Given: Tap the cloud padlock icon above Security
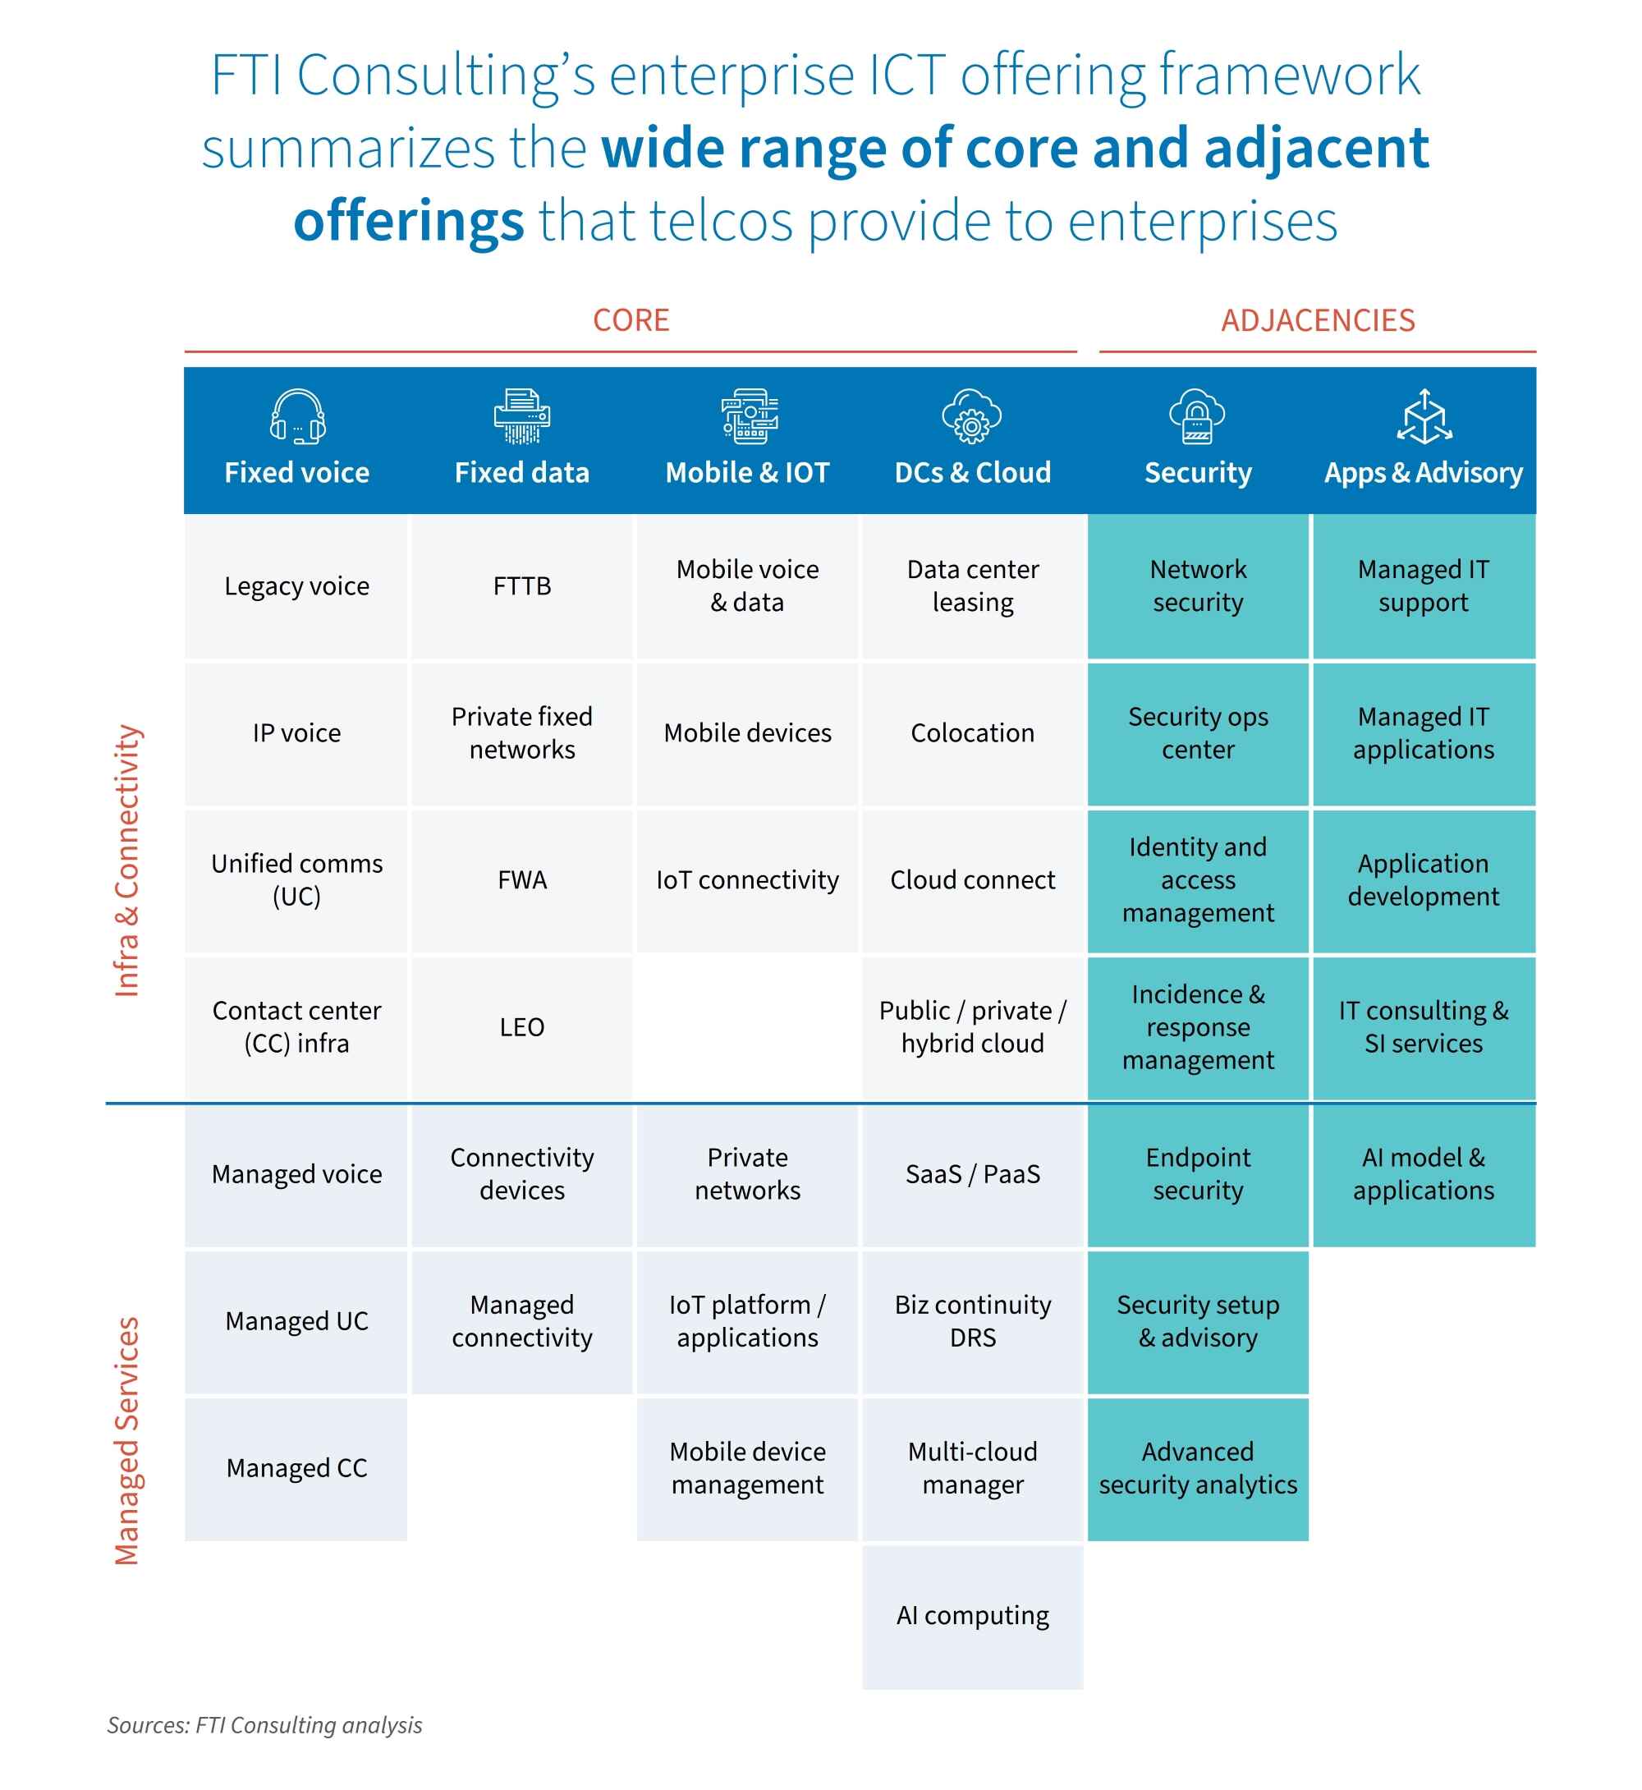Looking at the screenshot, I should coord(1197,416).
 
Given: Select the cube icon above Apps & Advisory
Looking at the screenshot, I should coord(1424,416).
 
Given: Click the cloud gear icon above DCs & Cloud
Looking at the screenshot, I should coord(972,416).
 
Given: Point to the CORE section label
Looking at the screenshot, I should coord(631,320).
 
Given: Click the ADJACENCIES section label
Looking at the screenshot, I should coord(1317,320).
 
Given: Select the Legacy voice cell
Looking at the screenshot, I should coord(296,586).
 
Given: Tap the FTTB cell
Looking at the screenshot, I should coord(521,586).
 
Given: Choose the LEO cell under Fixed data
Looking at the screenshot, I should coord(521,1027).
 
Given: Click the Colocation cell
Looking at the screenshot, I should coord(972,733).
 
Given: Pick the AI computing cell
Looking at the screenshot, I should coord(972,1615).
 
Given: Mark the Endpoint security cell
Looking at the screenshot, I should coord(1198,1174).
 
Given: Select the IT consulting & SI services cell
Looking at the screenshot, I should coord(1424,1027).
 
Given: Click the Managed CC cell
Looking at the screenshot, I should coord(296,1468).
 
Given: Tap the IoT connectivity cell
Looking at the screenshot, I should coord(747,880).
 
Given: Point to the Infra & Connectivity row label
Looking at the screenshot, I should coord(127,861).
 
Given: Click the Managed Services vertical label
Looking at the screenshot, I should coord(127,1440).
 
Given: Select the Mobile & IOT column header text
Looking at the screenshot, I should coord(747,473).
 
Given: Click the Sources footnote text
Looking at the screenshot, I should coord(265,1725).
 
